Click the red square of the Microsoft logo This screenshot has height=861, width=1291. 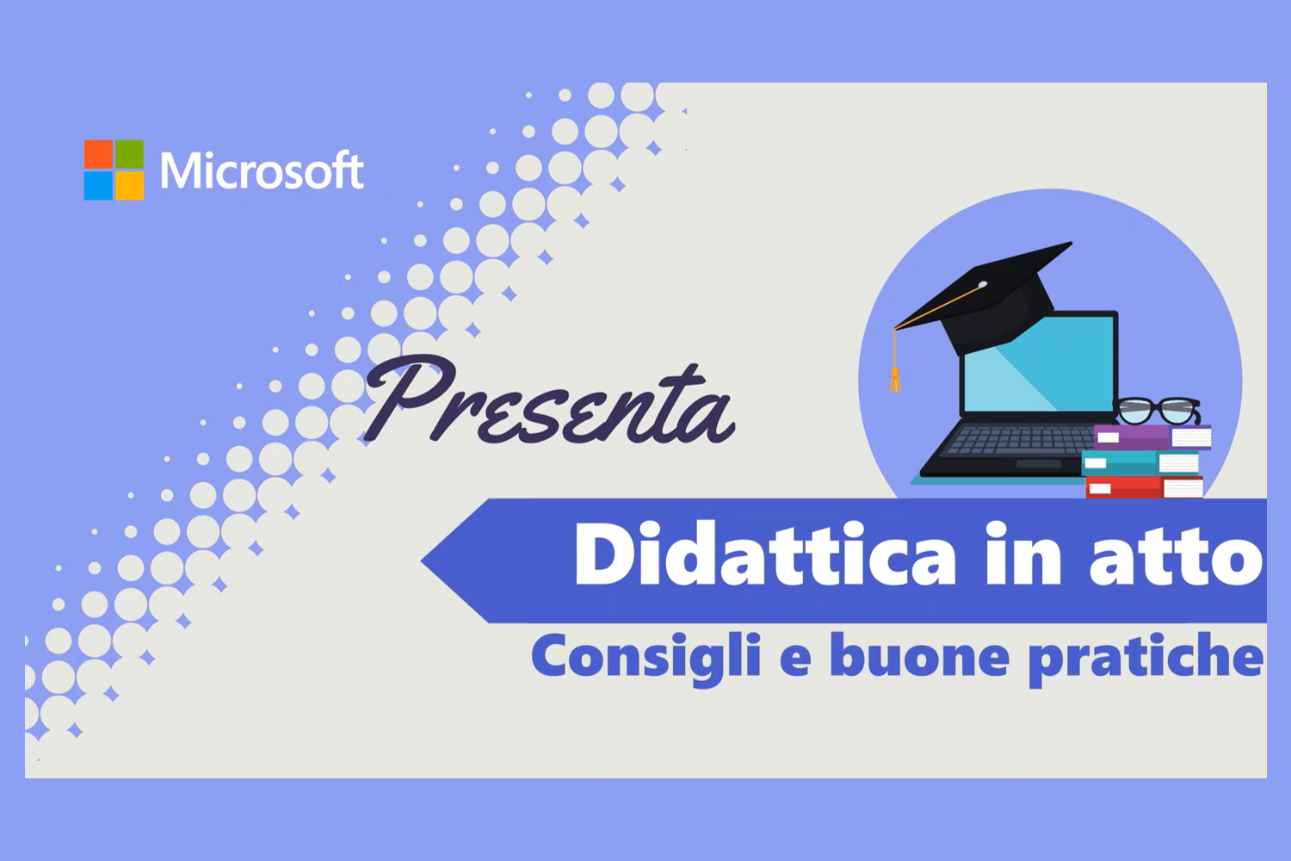[98, 154]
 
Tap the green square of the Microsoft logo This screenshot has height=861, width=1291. [129, 154]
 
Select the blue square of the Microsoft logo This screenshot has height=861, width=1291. [98, 186]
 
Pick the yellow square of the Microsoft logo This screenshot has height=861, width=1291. [129, 186]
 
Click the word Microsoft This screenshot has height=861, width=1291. [263, 170]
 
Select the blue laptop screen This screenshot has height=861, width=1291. [1037, 370]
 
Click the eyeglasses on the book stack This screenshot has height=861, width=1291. [1159, 410]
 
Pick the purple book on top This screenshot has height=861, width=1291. [1152, 437]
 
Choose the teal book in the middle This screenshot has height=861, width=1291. [1140, 463]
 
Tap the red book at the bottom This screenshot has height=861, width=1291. [1145, 488]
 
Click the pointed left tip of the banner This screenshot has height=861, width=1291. [422, 560]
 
